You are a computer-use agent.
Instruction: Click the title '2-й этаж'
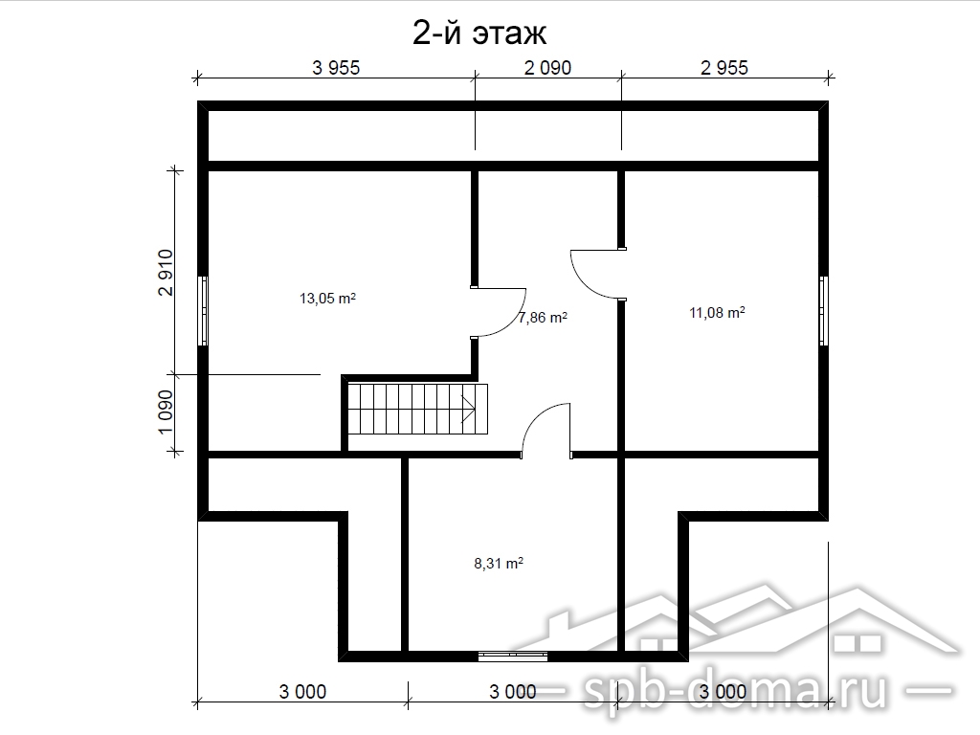click(479, 33)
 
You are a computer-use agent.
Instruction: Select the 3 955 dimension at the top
click(336, 68)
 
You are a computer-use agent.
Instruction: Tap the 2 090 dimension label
click(547, 68)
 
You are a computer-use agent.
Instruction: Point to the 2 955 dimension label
click(724, 68)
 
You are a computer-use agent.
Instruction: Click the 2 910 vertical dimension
click(165, 272)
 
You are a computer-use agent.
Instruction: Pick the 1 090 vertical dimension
click(165, 412)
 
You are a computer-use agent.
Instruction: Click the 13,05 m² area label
click(327, 299)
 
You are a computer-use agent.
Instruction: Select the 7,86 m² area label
click(543, 318)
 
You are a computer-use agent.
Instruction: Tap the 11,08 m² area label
click(717, 313)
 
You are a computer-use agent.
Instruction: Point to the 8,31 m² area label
click(498, 564)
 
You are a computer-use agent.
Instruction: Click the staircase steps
click(417, 410)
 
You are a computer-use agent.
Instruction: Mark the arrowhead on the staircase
click(469, 410)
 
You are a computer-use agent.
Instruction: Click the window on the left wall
click(203, 311)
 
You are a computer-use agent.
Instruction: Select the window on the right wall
click(824, 311)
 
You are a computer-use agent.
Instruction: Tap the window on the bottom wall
click(513, 657)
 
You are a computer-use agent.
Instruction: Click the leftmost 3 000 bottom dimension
click(302, 692)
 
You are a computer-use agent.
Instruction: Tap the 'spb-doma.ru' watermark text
click(734, 691)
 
